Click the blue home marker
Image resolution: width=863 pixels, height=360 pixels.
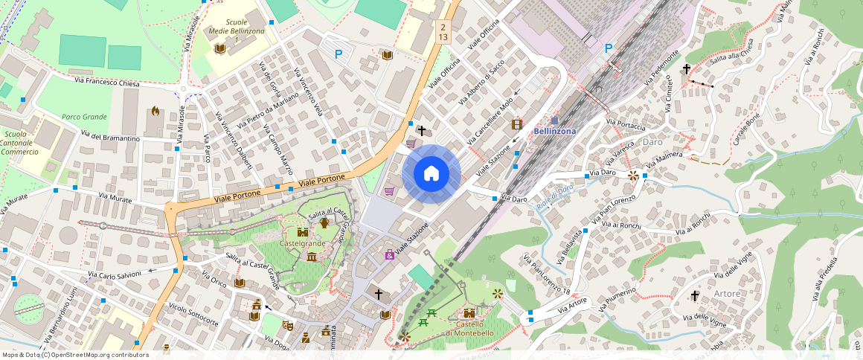tap(431, 173)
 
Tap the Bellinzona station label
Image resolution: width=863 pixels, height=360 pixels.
tap(555, 131)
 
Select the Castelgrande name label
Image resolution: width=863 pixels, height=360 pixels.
tap(302, 243)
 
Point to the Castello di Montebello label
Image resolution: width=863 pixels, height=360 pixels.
tap(469, 328)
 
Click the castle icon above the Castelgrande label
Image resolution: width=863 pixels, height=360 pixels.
tap(302, 232)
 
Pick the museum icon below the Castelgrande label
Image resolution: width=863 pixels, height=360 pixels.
tap(311, 257)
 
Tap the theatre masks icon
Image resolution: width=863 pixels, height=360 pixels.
tap(287, 324)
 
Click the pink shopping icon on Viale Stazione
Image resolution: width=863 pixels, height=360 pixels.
tap(389, 254)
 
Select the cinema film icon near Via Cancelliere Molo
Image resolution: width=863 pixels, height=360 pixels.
tap(517, 123)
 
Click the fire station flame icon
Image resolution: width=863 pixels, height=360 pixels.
tap(155, 111)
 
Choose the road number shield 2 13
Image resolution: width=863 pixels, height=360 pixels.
tap(443, 32)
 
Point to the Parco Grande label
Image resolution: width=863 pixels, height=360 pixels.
tap(84, 117)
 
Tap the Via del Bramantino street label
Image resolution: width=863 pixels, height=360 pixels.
tap(110, 138)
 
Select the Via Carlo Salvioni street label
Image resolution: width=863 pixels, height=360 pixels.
tap(115, 275)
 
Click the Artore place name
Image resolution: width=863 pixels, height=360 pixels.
tap(727, 294)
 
